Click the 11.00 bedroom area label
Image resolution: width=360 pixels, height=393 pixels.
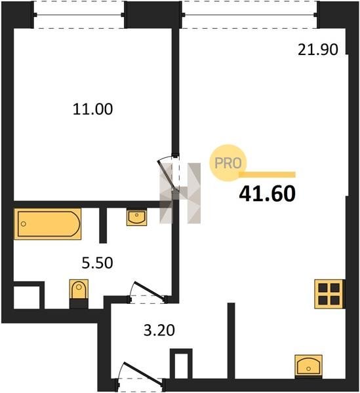tap(93, 109)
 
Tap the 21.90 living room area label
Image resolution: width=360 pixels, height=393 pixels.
tap(318, 49)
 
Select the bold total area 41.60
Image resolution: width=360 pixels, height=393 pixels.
tap(268, 194)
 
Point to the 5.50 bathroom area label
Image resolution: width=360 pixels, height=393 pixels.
tap(97, 263)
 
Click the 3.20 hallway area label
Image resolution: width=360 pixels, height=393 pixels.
tap(159, 330)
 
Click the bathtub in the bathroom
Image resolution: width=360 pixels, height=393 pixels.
tap(48, 224)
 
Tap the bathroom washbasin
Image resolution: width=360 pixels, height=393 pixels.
tap(136, 217)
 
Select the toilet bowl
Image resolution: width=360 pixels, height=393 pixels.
tap(79, 293)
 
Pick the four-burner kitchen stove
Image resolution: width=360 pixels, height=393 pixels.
tap(329, 293)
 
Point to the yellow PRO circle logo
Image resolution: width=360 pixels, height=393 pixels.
tap(228, 163)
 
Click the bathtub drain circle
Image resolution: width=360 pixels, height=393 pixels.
tap(24, 224)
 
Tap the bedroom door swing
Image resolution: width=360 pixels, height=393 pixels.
tap(167, 176)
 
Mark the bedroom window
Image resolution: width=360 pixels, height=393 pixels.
tap(79, 15)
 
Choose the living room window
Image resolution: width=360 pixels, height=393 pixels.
tap(250, 15)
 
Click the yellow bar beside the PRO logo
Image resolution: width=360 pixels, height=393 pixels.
tap(268, 175)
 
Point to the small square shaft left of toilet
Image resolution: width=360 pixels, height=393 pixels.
tap(27, 297)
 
